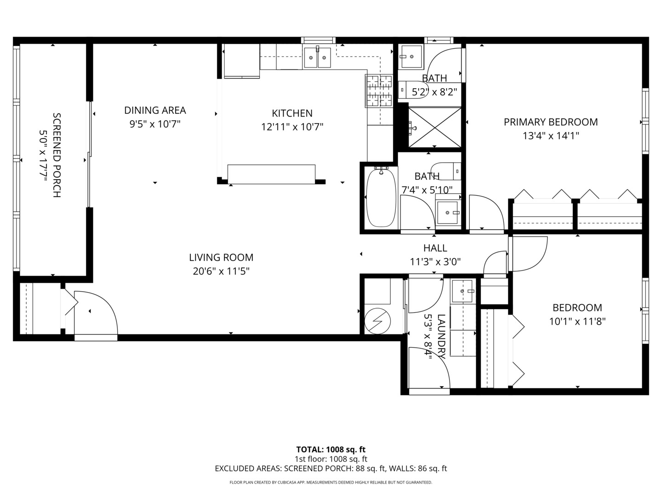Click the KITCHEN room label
pyautogui.click(x=292, y=113)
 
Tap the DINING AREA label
pyautogui.click(x=155, y=110)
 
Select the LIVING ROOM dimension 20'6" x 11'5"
pyautogui.click(x=221, y=271)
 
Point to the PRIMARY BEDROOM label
pyautogui.click(x=551, y=122)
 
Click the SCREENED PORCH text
pyautogui.click(x=57, y=155)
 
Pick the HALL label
pyautogui.click(x=435, y=248)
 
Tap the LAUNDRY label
pyautogui.click(x=441, y=336)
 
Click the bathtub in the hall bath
pyautogui.click(x=381, y=198)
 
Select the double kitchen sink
pyautogui.click(x=317, y=57)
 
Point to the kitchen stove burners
pyautogui.click(x=379, y=90)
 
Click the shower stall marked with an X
pyautogui.click(x=434, y=127)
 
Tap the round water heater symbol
pyautogui.click(x=377, y=321)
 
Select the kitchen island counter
pyautogui.click(x=271, y=174)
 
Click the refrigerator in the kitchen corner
pyautogui.click(x=241, y=61)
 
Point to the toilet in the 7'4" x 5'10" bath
pyautogui.click(x=446, y=171)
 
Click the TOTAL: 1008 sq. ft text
pyautogui.click(x=331, y=450)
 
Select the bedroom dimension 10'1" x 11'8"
pyautogui.click(x=577, y=321)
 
